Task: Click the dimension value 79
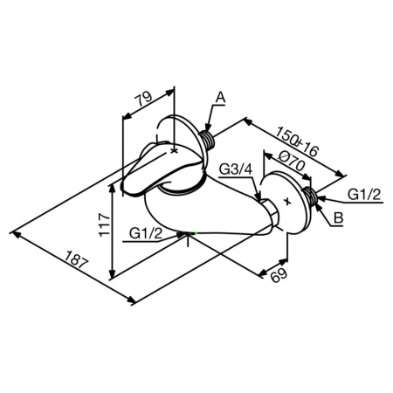[x=144, y=99]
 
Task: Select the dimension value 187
[x=76, y=259]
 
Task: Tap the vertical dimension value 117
[x=105, y=224]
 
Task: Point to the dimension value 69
[x=279, y=275]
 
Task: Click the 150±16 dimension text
[x=297, y=141]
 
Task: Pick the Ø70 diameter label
[x=291, y=161]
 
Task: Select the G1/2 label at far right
[x=364, y=194]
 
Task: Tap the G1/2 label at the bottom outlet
[x=146, y=233]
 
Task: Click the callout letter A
[x=220, y=98]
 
